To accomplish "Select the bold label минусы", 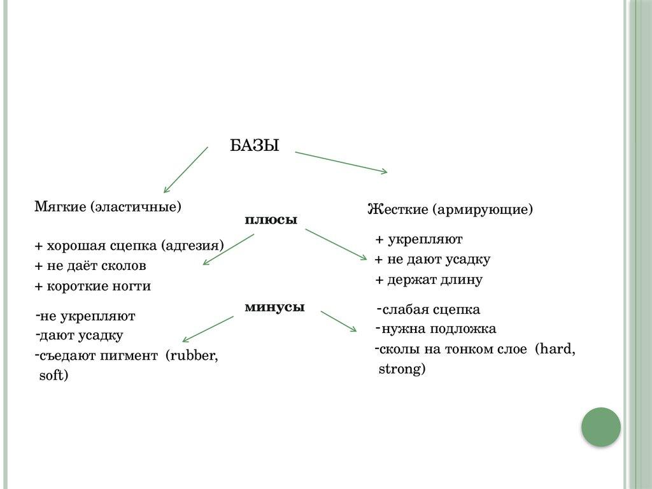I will pos(274,307).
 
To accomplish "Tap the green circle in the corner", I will pos(600,427).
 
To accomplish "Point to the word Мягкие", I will pos(60,207).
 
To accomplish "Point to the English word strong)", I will pos(402,369).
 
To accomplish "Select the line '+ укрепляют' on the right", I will pos(419,239).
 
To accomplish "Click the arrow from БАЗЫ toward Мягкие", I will pos(186,169).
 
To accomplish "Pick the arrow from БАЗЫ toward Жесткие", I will pos(341,162).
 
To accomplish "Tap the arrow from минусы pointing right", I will pos(338,321).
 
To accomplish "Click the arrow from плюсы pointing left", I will pos(229,250).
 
